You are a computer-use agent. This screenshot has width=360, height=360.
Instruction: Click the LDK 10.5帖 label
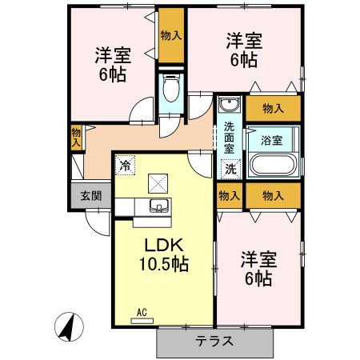(166, 254)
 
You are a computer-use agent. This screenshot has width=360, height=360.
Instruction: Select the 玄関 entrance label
(90, 195)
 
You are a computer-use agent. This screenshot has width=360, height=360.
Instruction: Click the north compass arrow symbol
(70, 326)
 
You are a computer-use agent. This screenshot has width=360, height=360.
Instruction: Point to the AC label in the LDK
(142, 312)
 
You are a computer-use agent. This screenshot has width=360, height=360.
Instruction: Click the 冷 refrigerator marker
(125, 165)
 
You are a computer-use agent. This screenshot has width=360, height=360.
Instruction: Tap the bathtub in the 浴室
(274, 166)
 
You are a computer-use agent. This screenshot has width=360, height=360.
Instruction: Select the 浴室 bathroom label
(272, 140)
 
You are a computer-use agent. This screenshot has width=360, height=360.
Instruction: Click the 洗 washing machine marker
(230, 169)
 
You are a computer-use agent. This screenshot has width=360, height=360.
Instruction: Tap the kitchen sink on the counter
(158, 208)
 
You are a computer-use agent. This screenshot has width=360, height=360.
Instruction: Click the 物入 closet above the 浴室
(273, 108)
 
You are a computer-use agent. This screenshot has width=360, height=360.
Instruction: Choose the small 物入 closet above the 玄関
(76, 137)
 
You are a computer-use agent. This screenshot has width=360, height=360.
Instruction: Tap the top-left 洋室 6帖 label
(113, 65)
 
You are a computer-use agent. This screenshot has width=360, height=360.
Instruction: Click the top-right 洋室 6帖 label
(244, 47)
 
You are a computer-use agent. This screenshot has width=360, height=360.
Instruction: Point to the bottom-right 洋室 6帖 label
(258, 269)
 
